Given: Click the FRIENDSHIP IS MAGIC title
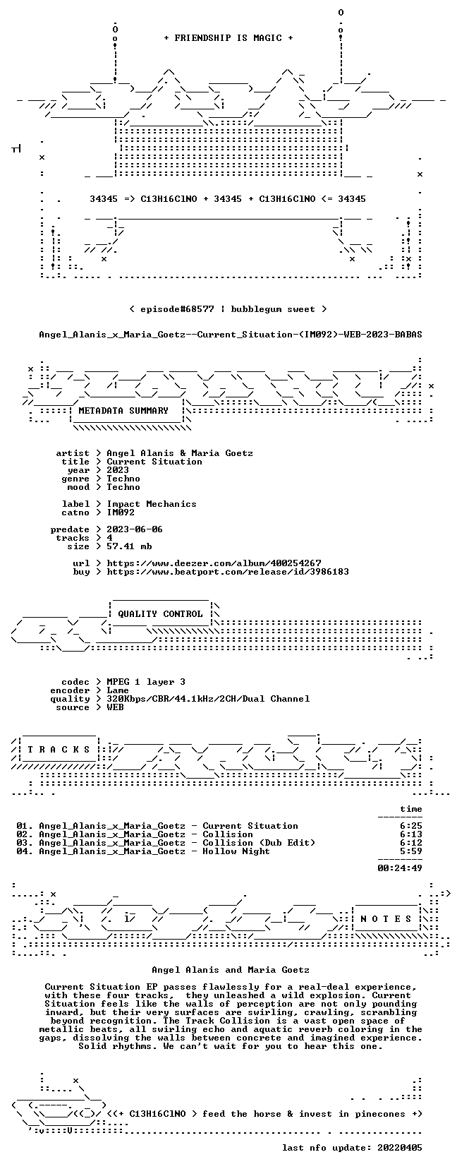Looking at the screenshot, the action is click(228, 38).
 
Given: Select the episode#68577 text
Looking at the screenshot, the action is click(176, 309).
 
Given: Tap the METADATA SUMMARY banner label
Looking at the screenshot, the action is click(123, 411).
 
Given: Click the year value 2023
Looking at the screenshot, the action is click(118, 470).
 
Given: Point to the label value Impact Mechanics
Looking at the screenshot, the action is click(152, 504).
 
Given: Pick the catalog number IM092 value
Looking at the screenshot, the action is click(121, 512).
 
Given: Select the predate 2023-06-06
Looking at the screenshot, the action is click(135, 529).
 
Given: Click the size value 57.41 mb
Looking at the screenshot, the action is click(129, 546).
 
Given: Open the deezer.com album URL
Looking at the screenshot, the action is click(214, 563).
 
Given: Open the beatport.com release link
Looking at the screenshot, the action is click(228, 572).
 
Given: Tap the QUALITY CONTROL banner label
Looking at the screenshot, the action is click(160, 614).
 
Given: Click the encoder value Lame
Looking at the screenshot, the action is click(118, 690).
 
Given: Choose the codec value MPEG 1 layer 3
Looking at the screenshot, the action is click(146, 682).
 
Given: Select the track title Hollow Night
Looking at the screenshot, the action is click(236, 851).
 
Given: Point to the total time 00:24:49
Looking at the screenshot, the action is click(400, 868).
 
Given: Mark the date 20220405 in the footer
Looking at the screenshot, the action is click(400, 1148).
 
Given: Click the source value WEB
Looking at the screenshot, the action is click(115, 707).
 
